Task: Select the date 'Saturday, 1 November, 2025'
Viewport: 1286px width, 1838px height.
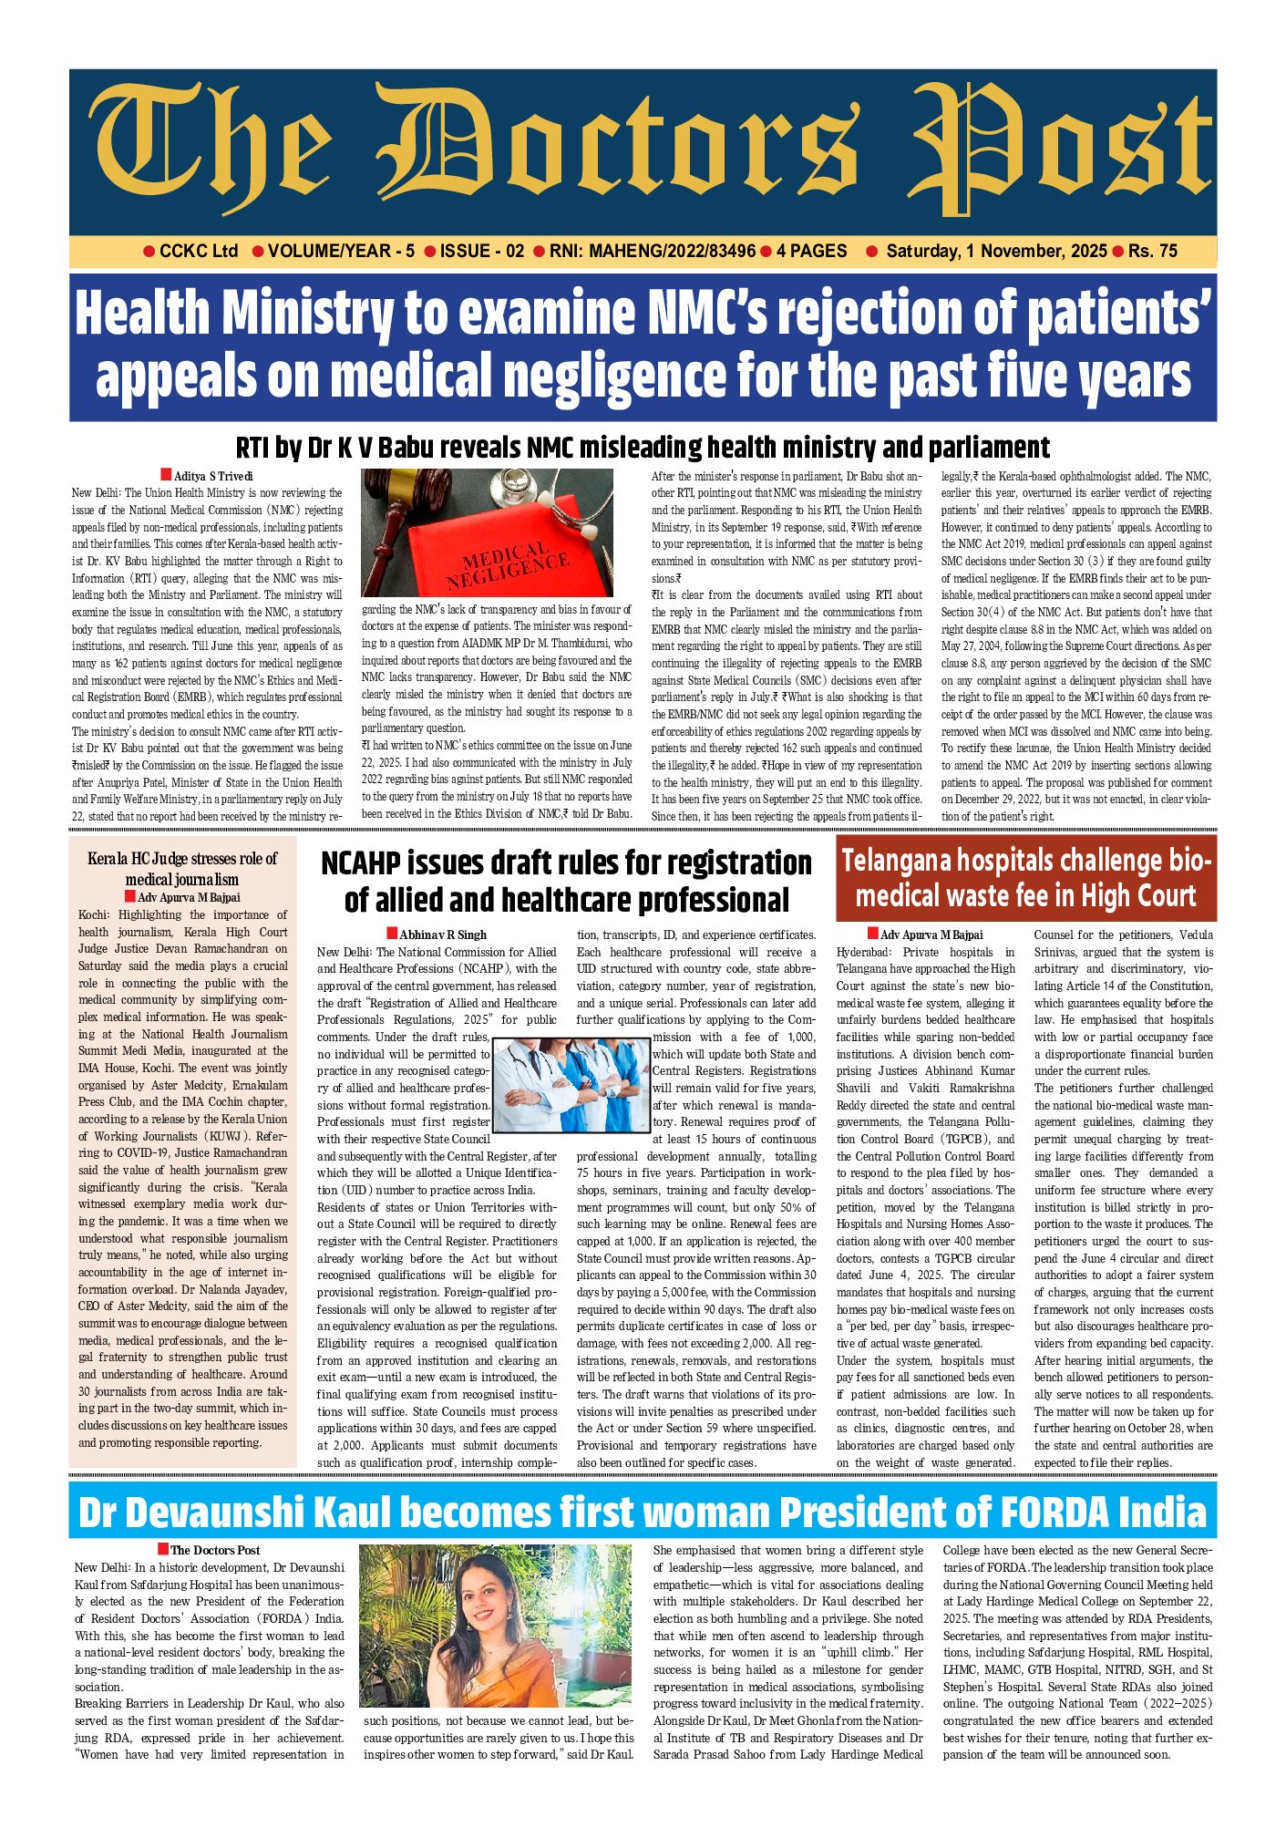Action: tap(996, 252)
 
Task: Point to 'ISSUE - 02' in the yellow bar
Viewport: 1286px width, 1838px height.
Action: tap(482, 252)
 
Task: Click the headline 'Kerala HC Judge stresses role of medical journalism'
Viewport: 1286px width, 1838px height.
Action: tap(182, 869)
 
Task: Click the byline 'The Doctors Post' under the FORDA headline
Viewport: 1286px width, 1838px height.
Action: tap(215, 1550)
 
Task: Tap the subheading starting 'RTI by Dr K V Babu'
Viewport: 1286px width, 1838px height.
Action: tap(643, 448)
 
